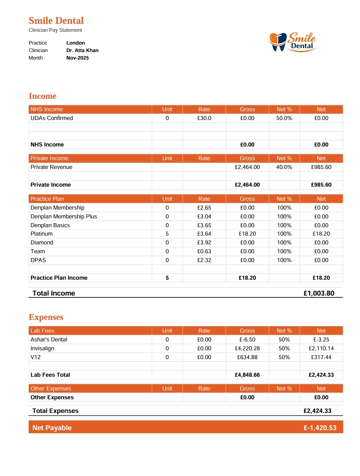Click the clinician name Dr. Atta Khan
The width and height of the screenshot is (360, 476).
(x=82, y=50)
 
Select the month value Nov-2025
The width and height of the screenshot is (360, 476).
(x=77, y=58)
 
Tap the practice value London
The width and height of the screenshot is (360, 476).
(x=75, y=43)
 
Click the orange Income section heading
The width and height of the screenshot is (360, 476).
(x=42, y=96)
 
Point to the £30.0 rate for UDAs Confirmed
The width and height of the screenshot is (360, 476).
(x=204, y=118)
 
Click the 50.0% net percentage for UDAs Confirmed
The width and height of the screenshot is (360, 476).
(x=284, y=118)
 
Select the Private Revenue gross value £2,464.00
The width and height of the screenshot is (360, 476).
(x=247, y=167)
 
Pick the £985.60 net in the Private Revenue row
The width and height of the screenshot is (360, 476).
(x=321, y=167)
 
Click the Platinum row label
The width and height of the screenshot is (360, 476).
(x=41, y=234)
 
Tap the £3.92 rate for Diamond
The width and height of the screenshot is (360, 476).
(x=204, y=243)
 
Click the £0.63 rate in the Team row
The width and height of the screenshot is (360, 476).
(x=204, y=251)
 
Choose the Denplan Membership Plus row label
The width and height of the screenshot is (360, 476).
(x=64, y=217)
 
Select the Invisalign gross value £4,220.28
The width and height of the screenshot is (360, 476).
(x=247, y=349)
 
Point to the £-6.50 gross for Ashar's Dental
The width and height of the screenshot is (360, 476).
(x=247, y=340)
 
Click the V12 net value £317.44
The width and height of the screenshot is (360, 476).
(x=321, y=357)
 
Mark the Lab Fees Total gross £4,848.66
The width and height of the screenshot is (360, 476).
(x=247, y=375)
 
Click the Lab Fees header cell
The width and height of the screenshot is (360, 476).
(x=42, y=331)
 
